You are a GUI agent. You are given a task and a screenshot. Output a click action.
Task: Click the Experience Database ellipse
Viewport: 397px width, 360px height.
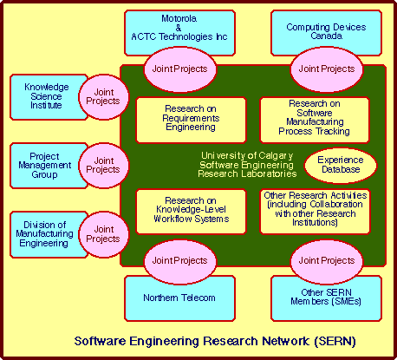(x=341, y=166)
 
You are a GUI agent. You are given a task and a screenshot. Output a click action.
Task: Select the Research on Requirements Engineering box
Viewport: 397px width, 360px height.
(x=191, y=120)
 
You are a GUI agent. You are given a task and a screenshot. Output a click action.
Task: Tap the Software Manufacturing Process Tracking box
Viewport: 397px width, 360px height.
(x=315, y=120)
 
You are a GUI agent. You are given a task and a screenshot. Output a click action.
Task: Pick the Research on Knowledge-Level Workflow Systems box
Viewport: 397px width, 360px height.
(x=191, y=212)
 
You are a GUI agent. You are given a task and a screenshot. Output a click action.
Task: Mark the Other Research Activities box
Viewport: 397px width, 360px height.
(x=315, y=212)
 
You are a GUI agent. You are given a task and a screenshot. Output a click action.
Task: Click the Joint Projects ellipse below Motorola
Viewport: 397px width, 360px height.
(x=179, y=69)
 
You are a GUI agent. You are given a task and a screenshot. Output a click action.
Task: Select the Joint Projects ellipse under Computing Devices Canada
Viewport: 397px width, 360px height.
(x=327, y=69)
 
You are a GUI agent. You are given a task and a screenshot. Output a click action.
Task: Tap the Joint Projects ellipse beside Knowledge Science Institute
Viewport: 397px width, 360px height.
(x=103, y=97)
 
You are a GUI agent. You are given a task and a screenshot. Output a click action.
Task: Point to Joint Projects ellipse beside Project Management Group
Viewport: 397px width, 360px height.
(x=103, y=166)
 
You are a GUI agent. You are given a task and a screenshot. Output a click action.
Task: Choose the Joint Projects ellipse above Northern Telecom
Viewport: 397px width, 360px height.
(x=179, y=261)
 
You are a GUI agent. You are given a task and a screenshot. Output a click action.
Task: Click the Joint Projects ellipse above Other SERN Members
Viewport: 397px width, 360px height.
(x=327, y=261)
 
